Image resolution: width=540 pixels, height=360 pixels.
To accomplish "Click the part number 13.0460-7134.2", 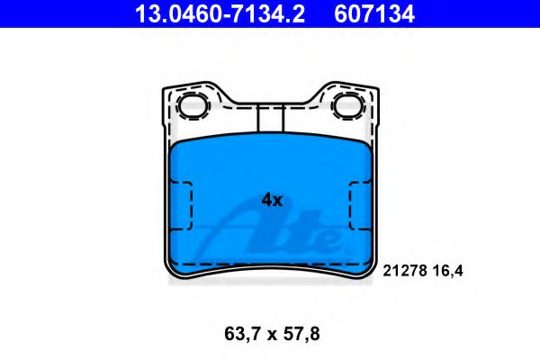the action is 220,13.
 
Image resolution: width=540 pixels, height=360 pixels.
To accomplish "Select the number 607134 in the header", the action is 374,13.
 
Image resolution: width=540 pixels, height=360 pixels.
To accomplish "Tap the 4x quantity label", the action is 272,200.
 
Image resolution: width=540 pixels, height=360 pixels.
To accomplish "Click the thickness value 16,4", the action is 447,271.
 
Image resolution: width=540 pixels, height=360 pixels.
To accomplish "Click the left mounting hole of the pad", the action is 193,106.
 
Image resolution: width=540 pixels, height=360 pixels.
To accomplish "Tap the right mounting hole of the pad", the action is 348,106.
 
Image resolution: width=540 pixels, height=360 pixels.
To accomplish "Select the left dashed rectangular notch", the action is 182,206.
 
